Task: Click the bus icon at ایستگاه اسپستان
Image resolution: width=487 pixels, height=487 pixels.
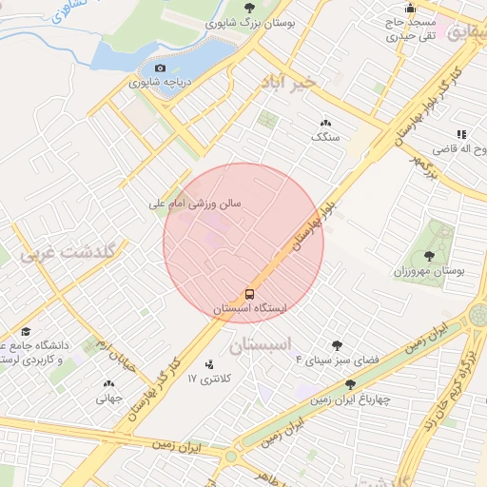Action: (249, 294)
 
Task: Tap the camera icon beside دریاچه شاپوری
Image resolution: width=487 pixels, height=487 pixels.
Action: (160, 68)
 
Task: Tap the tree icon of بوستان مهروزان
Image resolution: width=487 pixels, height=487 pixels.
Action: (429, 256)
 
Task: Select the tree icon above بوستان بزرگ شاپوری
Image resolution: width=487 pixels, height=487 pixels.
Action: (249, 8)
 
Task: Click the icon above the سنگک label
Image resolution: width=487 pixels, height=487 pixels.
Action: (325, 123)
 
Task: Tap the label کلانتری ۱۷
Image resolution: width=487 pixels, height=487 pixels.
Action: (209, 379)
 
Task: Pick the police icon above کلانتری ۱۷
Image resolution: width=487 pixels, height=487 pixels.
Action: (209, 364)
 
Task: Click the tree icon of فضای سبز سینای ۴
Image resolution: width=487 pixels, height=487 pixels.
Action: (336, 345)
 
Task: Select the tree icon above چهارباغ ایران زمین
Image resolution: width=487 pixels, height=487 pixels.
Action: (350, 384)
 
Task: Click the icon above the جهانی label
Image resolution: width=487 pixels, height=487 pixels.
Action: (107, 384)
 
